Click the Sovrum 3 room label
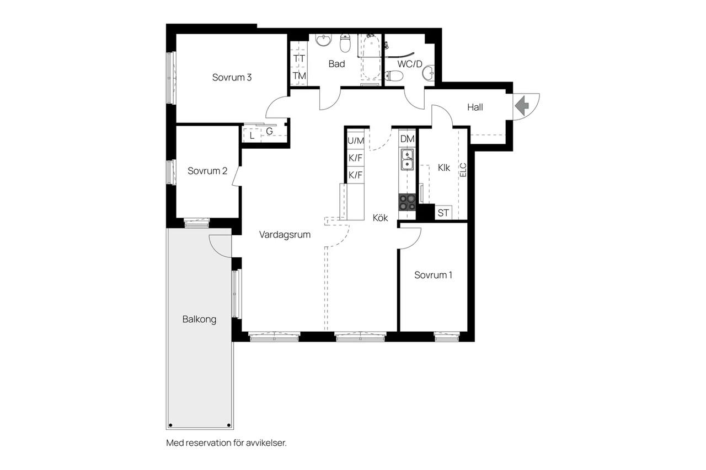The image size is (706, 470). (232, 78)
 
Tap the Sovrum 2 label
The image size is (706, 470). (207, 171)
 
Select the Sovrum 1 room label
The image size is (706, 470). (433, 275)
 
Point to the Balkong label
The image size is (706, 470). (199, 320)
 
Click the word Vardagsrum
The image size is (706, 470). (285, 235)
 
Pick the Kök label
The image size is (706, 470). (380, 218)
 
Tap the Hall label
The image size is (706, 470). (475, 107)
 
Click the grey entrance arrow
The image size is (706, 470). (522, 106)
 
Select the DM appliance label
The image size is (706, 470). (407, 139)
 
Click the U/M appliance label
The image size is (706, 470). (356, 141)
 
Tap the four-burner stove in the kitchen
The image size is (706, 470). (407, 202)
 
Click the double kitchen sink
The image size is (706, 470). (407, 160)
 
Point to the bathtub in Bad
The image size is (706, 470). (371, 57)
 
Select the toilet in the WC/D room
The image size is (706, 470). (394, 76)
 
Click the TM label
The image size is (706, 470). (299, 76)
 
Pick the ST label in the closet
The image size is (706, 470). (443, 213)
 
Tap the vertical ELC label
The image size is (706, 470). (463, 170)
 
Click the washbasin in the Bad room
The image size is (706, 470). (324, 40)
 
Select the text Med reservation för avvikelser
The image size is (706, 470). (226, 443)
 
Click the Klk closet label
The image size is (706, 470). (444, 168)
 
